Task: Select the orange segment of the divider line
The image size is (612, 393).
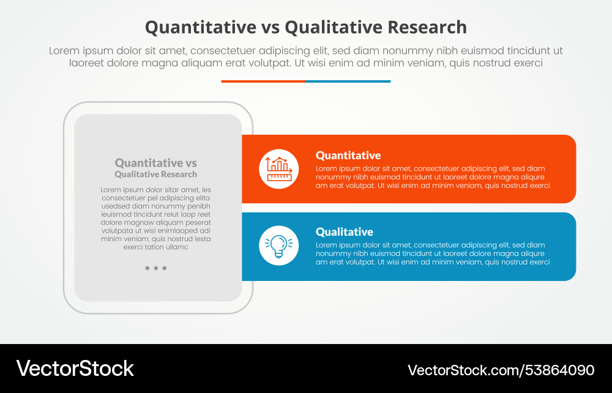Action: coord(263,81)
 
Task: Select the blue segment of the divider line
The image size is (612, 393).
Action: coord(348,81)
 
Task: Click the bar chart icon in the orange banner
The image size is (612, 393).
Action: coord(278,169)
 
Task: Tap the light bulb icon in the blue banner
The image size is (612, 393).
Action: coord(278,245)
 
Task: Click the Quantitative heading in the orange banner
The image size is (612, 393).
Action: coord(348,155)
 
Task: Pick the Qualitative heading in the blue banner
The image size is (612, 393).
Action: coord(344,232)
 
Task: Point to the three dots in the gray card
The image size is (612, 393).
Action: coord(156,268)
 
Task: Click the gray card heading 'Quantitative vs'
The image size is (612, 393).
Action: coord(155,163)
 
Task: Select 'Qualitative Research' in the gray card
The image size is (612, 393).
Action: coord(155,174)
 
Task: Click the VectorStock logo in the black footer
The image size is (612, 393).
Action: coord(75,369)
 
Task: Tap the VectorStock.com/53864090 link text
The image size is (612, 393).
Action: coord(501,370)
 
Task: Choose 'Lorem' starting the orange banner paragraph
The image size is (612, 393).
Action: coord(327,168)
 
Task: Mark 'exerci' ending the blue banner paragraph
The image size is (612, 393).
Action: coord(539,262)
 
